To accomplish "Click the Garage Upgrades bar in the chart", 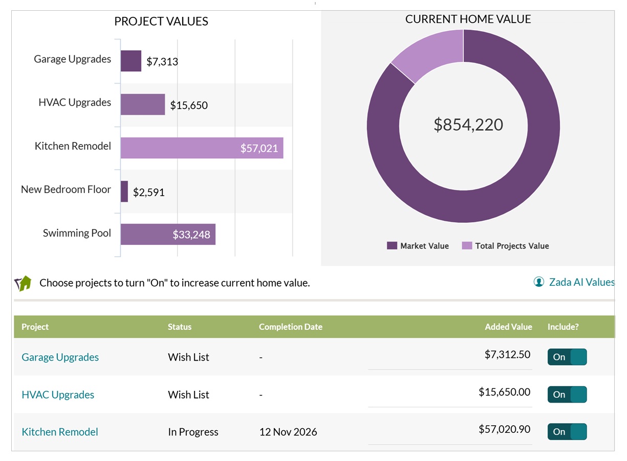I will click(131, 61).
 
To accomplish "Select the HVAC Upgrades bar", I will click(143, 104).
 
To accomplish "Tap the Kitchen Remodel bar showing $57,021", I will click(202, 148).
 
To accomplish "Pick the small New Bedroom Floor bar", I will click(124, 192).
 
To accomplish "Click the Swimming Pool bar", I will click(168, 235).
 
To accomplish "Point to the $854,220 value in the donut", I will click(468, 124).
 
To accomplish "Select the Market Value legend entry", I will click(418, 246).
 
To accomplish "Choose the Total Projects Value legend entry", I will click(505, 246).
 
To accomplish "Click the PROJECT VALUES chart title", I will click(161, 22).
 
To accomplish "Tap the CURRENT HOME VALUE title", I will click(468, 19).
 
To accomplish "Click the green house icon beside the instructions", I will click(23, 283).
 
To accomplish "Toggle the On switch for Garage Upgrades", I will click(567, 357).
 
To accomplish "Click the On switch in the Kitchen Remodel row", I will click(567, 432).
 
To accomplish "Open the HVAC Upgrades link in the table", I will click(58, 395).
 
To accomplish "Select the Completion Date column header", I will click(290, 327).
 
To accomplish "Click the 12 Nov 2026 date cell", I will click(288, 432).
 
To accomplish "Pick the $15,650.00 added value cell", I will click(504, 392).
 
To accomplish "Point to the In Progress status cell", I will click(193, 432).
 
